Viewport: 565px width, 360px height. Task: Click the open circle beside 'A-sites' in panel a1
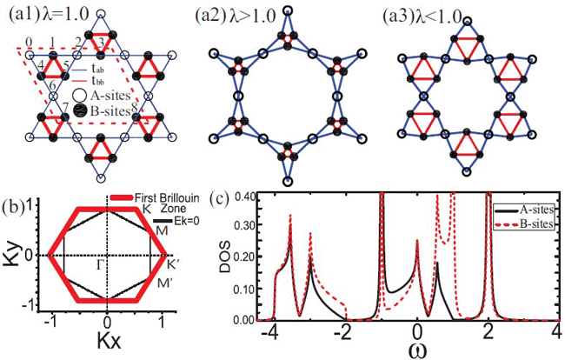(83, 97)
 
